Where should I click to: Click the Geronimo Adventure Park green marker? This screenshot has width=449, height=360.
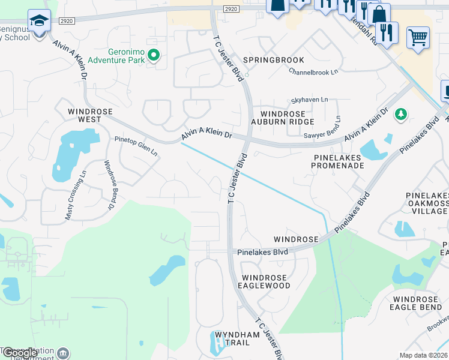[x=154, y=56]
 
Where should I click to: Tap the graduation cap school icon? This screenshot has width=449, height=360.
[x=39, y=22]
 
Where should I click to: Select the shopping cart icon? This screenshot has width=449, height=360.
[x=418, y=38]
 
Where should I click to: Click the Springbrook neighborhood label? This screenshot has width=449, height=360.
[x=274, y=60]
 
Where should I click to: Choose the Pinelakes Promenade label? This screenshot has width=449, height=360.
[x=339, y=161]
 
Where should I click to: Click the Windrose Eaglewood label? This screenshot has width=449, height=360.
[x=266, y=281]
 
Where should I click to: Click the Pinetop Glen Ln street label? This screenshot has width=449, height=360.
[x=136, y=146]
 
